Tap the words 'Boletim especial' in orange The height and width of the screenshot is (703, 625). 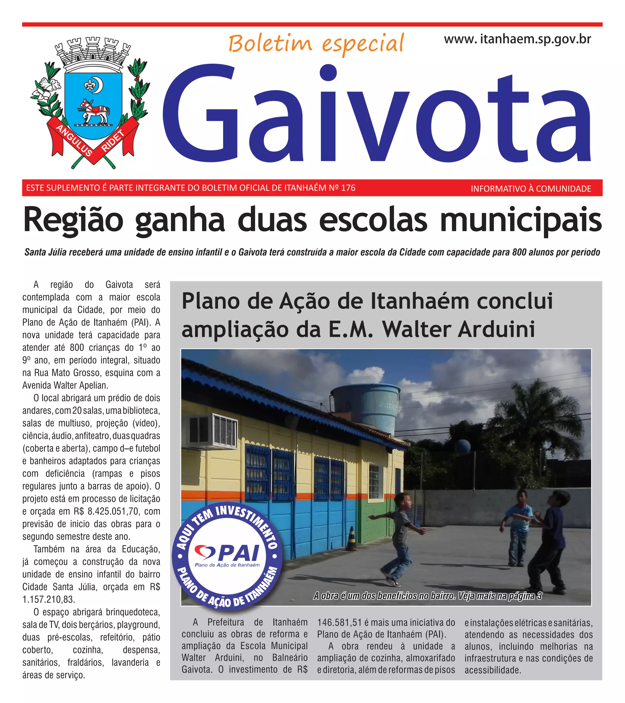(x=316, y=44)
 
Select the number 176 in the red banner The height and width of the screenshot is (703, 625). (x=348, y=188)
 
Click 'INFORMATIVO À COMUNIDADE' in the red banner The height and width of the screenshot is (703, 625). (x=531, y=189)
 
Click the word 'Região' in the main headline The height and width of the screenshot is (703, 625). (x=73, y=220)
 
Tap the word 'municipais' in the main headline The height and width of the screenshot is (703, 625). (x=521, y=220)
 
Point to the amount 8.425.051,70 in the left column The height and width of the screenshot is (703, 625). (x=114, y=511)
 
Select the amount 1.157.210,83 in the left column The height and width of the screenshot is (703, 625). (x=49, y=600)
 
